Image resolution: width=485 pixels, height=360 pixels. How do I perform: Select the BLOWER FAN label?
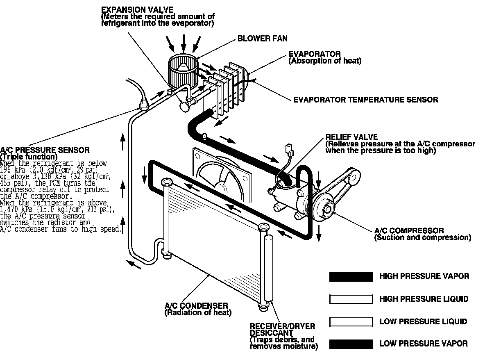[263, 39]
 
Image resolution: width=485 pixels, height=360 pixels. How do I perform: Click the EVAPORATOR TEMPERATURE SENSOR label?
[366, 100]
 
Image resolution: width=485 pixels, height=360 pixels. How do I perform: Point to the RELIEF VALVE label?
[351, 137]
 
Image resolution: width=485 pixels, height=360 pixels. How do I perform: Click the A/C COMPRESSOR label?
[409, 231]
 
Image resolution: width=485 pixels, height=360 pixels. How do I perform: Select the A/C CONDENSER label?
[196, 306]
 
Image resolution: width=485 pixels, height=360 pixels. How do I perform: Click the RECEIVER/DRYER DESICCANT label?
[282, 329]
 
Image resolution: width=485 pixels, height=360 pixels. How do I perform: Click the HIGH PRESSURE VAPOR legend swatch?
[351, 277]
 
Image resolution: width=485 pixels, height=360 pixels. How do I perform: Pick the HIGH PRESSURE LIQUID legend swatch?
[351, 299]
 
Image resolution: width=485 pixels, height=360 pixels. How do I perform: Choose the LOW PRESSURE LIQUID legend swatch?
[351, 321]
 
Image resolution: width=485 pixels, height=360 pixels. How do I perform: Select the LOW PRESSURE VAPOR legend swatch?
[351, 344]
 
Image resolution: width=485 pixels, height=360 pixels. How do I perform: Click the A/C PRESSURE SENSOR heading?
[45, 150]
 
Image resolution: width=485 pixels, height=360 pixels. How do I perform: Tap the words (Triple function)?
[29, 157]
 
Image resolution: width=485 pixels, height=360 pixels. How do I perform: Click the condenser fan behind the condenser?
[221, 176]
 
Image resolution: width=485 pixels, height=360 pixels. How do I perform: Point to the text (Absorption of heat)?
[325, 61]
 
